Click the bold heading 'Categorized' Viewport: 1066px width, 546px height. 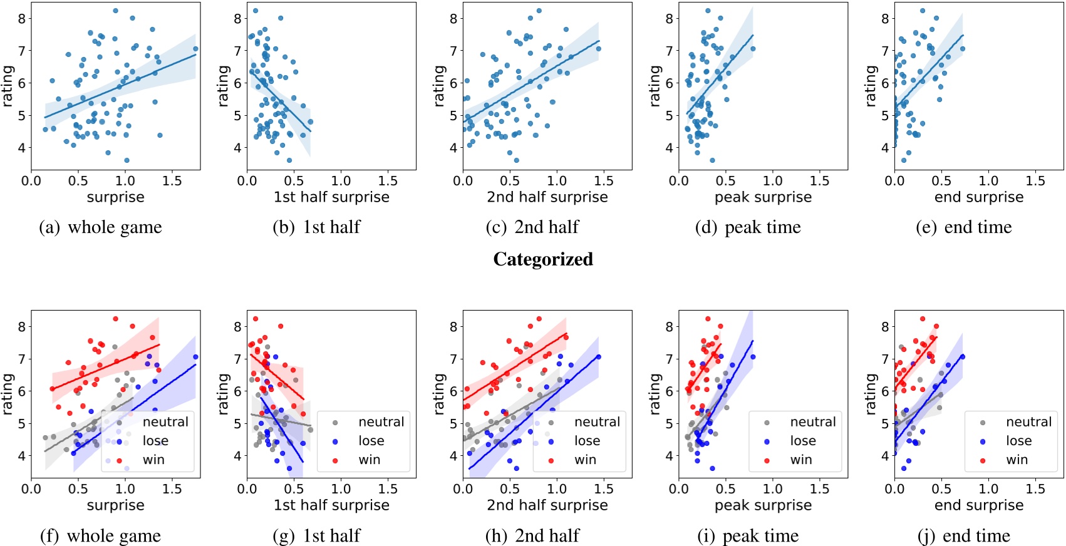pos(543,259)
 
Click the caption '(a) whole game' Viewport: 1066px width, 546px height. pos(100,227)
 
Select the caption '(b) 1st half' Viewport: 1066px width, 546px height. pos(316,227)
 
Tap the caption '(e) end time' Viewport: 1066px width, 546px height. pos(963,227)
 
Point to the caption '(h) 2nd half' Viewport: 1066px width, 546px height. pos(532,536)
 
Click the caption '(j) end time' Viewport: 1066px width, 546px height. pos(963,536)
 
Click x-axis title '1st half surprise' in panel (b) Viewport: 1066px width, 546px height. pos(331,197)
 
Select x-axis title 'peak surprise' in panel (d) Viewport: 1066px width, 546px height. pos(763,197)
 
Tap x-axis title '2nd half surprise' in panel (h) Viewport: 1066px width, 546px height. pos(547,505)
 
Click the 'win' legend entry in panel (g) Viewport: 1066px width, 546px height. pos(369,460)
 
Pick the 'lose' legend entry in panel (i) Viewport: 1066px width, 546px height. pos(802,441)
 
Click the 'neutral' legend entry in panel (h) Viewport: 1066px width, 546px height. pos(597,423)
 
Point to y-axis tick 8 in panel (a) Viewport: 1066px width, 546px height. pos(22,19)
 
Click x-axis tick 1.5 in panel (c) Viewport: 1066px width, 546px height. pos(604,181)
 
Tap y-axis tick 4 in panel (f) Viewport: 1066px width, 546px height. pos(22,456)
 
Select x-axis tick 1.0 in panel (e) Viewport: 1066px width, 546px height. pos(988,181)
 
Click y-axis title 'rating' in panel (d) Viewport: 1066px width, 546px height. pos(655,86)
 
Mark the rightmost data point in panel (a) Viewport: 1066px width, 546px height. pos(195,49)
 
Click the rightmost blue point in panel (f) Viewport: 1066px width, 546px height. pos(195,358)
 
